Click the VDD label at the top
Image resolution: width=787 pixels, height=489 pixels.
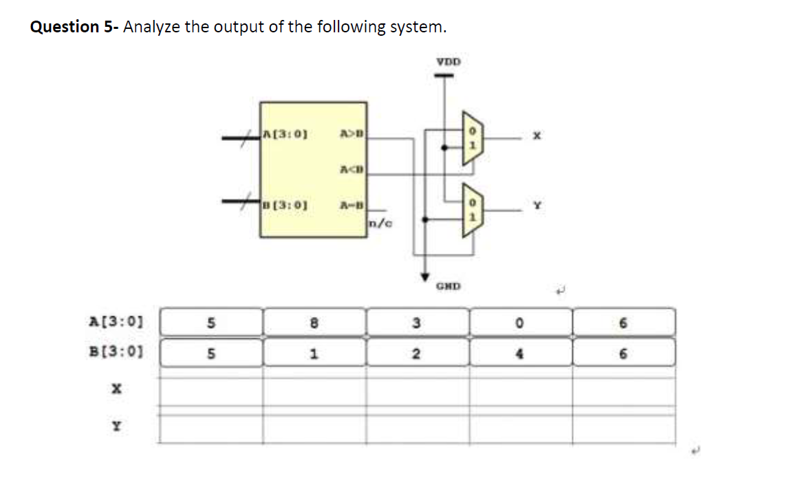coord(449,62)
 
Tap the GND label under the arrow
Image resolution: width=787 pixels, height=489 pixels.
coord(448,285)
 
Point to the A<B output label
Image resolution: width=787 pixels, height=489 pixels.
coord(352,169)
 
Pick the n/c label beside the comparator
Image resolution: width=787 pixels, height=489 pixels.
coord(380,221)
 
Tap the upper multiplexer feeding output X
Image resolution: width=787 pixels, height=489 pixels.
coord(473,138)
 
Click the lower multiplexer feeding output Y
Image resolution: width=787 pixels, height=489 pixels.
coord(473,211)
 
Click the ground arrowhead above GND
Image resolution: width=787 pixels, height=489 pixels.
coord(424,274)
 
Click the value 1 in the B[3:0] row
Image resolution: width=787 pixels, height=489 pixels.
coord(314,354)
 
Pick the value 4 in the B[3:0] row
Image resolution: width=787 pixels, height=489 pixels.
coord(521,354)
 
